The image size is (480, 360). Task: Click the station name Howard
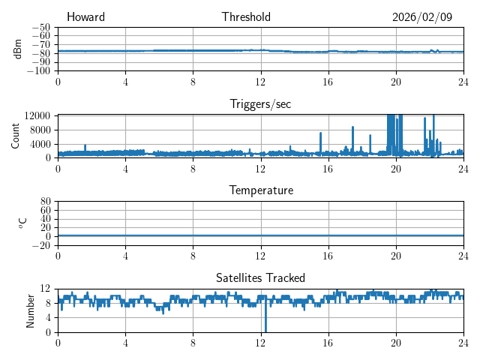85,17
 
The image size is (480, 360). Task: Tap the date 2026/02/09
422,17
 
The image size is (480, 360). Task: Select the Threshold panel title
246,17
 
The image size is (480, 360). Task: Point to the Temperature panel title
261,190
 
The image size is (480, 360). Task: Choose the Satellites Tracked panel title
260,277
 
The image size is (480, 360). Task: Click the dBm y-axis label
18,49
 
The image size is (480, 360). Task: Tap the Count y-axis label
16,136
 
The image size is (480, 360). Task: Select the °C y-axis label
22,223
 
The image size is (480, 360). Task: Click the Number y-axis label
30,310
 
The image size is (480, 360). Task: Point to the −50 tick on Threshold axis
40,27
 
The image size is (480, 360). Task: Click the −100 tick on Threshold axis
38,71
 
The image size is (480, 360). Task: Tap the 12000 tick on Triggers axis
37,115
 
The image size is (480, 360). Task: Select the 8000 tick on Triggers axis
39,129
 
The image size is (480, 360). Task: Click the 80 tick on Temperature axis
44,202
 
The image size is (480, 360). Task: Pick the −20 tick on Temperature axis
40,245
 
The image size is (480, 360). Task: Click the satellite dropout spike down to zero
265,328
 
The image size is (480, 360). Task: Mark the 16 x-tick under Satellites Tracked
328,342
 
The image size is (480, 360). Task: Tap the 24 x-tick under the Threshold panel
463,81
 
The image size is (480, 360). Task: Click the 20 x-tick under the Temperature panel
396,255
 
